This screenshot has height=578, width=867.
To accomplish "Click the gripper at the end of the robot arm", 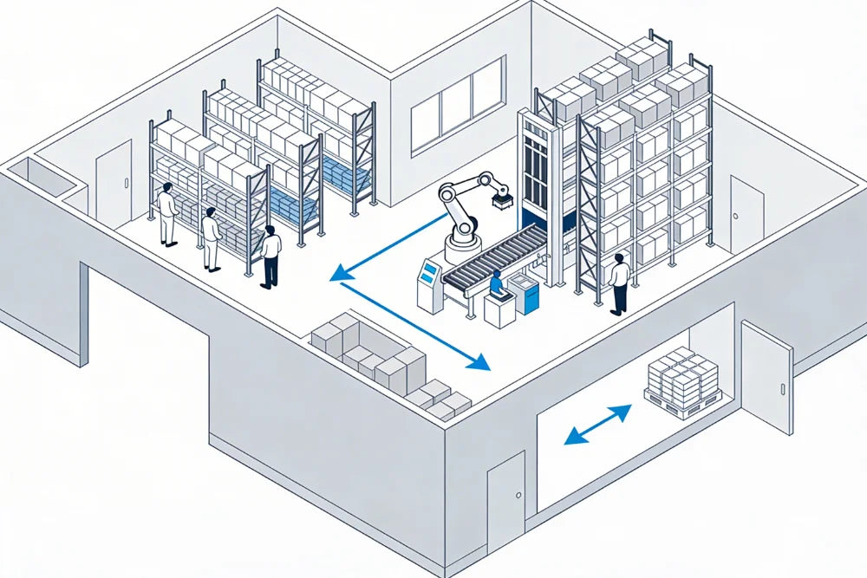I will [x=501, y=200].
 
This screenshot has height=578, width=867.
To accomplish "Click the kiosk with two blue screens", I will [x=429, y=282].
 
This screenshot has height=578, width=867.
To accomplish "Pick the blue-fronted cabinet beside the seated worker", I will [x=525, y=294].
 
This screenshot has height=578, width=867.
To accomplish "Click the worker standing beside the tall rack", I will [x=619, y=283].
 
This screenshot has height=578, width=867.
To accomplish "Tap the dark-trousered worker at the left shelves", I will [x=271, y=256].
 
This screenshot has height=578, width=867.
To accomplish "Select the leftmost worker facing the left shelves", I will [x=167, y=213].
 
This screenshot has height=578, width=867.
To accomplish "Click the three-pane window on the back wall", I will [x=457, y=101].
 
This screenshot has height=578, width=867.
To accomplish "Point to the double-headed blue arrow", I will [x=598, y=425].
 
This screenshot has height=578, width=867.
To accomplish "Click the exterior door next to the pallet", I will [x=767, y=376].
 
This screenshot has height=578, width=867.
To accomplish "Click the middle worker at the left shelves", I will [x=211, y=238].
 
